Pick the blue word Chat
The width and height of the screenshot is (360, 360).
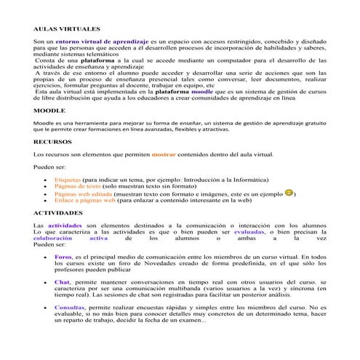click(x=62, y=281)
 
